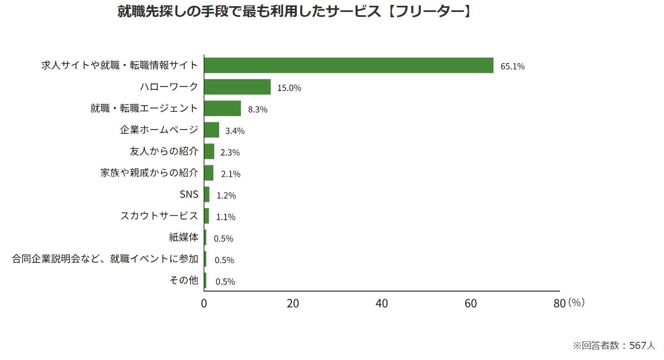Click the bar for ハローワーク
(x=237, y=87)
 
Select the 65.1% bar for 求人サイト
(x=349, y=65)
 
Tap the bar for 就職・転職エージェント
(x=222, y=108)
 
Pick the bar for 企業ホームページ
(x=212, y=130)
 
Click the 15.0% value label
(x=289, y=88)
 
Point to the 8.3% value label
(x=257, y=109)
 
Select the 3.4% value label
(x=235, y=131)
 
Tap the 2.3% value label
(x=230, y=153)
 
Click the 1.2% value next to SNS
(x=226, y=195)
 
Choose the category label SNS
(x=189, y=194)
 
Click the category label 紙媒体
(x=183, y=237)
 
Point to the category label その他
(x=183, y=280)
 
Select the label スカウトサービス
(x=159, y=216)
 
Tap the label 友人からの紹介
(x=164, y=151)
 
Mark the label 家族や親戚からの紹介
(x=149, y=173)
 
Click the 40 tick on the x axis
(x=382, y=304)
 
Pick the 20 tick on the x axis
(x=293, y=304)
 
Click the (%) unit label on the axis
(x=576, y=302)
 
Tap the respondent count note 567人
(x=642, y=346)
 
